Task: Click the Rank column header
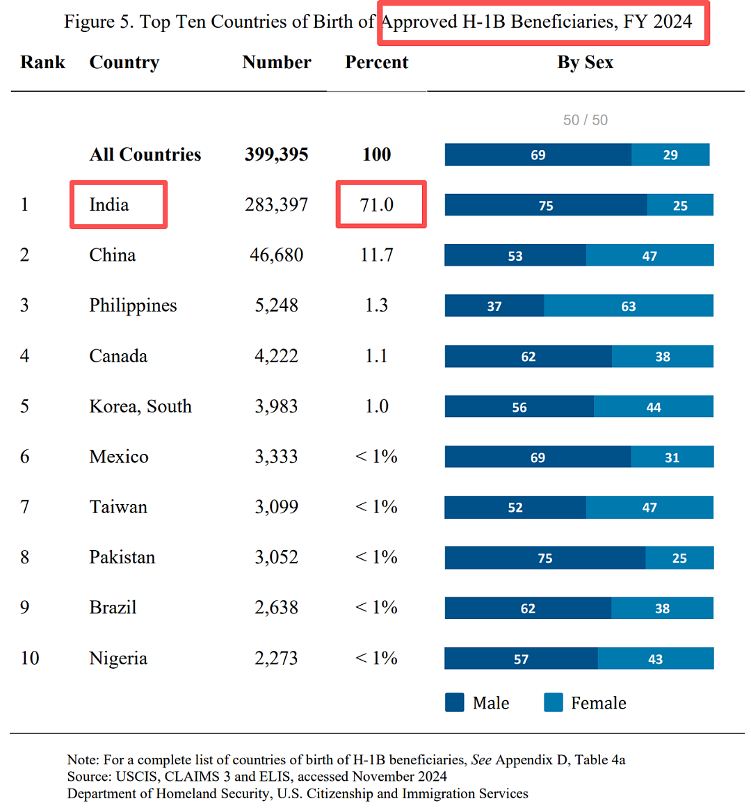(x=43, y=63)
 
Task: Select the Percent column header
(x=376, y=63)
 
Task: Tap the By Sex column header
(x=585, y=63)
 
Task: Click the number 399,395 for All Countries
(x=276, y=154)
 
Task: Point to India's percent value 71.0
(x=377, y=204)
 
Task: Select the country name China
(x=113, y=255)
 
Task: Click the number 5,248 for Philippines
(x=276, y=305)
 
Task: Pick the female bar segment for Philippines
(x=629, y=305)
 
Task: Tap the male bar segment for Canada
(x=528, y=356)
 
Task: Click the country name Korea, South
(x=140, y=407)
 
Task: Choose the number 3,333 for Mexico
(x=276, y=457)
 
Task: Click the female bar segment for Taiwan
(x=649, y=507)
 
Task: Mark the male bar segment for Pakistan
(x=545, y=558)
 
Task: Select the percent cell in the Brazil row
(x=376, y=608)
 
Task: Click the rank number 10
(x=30, y=658)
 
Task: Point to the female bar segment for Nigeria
(x=656, y=658)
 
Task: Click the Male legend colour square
(x=455, y=702)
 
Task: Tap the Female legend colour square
(x=554, y=702)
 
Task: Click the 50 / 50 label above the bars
(x=585, y=120)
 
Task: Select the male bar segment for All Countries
(x=538, y=154)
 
